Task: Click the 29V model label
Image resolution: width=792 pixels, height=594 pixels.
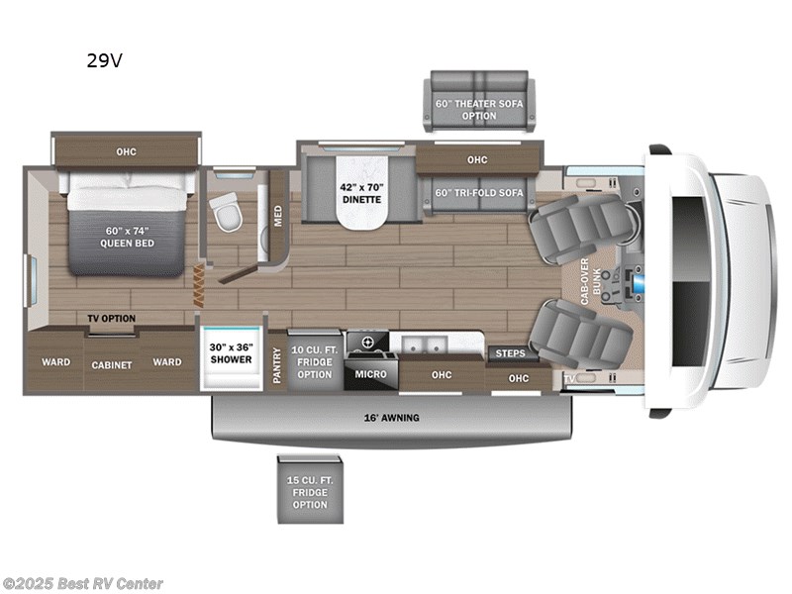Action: click(104, 60)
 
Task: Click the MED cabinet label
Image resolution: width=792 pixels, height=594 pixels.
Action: click(277, 215)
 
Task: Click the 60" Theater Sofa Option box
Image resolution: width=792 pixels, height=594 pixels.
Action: click(478, 102)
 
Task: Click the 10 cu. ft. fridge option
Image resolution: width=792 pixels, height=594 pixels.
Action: click(315, 360)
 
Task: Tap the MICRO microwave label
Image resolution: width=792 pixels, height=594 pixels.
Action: click(371, 374)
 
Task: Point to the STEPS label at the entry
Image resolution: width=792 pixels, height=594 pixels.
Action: click(510, 353)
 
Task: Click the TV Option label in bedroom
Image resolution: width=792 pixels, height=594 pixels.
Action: click(111, 318)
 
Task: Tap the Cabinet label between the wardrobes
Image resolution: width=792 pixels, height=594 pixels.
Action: click(112, 364)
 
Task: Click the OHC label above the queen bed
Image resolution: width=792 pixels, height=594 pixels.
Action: click(126, 151)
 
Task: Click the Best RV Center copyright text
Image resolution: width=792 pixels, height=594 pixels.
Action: click(83, 584)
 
